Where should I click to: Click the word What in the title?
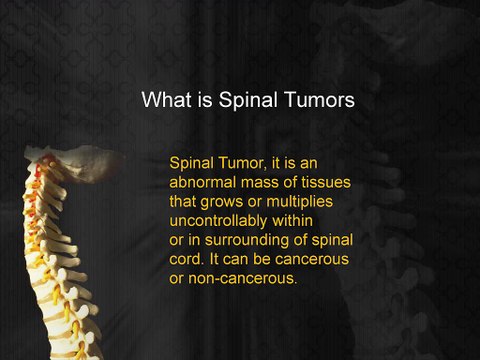click(x=164, y=100)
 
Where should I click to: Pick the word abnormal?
click(x=206, y=183)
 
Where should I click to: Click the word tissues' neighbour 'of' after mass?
click(x=299, y=183)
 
